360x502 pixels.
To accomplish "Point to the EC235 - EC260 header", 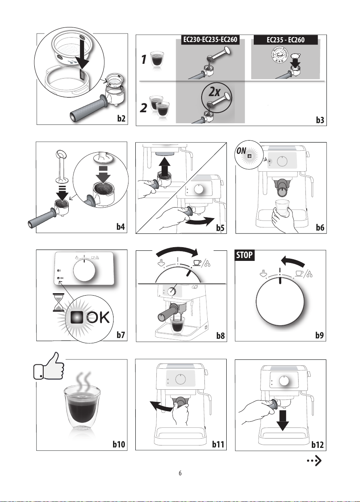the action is tap(285, 40).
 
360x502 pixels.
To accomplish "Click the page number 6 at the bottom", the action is tap(180, 472).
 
